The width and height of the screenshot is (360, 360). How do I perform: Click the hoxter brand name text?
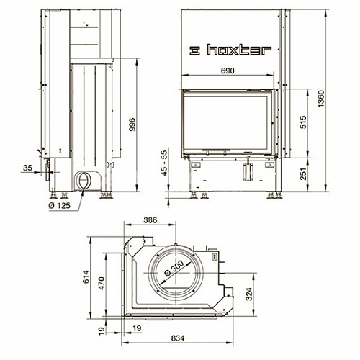(x=239, y=50)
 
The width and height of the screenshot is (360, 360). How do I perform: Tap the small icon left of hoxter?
(x=194, y=50)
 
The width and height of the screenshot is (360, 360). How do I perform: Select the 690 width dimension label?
(x=228, y=71)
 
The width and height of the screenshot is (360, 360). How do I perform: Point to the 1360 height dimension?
(x=321, y=99)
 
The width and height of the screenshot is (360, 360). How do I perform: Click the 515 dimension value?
(x=304, y=122)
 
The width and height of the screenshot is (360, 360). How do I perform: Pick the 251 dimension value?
(x=304, y=174)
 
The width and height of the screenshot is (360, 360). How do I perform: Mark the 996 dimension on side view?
(x=132, y=125)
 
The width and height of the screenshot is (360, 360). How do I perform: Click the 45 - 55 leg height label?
(x=164, y=163)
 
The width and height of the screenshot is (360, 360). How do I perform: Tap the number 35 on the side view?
(x=27, y=168)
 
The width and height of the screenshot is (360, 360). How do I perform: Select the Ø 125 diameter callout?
(x=60, y=206)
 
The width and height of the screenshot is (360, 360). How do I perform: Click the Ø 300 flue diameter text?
(x=174, y=269)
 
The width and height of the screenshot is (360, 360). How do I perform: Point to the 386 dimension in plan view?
(x=150, y=220)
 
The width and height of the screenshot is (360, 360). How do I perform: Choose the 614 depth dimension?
(x=86, y=276)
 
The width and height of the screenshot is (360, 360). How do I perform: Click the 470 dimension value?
(x=102, y=283)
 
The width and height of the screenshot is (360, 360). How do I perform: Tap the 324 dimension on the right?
(x=249, y=294)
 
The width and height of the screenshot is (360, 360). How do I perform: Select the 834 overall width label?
(x=178, y=338)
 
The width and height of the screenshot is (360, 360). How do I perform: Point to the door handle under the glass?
(x=216, y=151)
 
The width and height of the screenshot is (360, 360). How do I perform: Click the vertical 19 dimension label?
(x=102, y=330)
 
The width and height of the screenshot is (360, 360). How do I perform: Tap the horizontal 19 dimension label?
(x=137, y=328)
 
